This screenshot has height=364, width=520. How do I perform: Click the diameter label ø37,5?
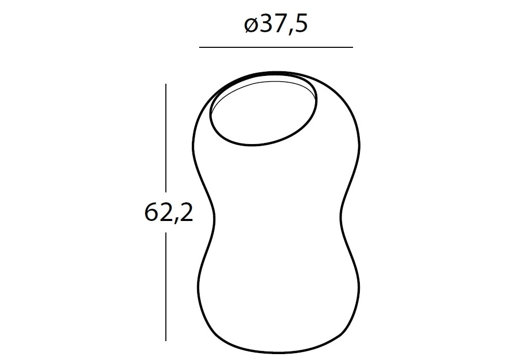(276, 25)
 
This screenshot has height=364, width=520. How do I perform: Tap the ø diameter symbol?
(251, 26)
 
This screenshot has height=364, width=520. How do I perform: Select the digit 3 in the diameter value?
(265, 24)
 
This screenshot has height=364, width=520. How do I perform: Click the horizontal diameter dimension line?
(276, 47)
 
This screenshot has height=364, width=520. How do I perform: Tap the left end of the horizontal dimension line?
(199, 47)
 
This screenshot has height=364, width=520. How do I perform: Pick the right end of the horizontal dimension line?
(353, 47)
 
